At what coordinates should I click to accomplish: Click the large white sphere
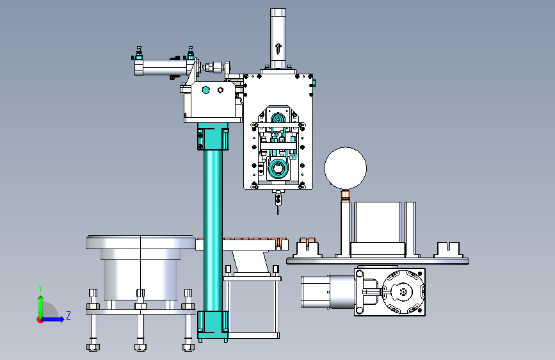(x=345, y=168)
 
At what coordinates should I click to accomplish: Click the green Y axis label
(x=40, y=288)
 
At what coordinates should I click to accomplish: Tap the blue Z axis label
(x=68, y=315)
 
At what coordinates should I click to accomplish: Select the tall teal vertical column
(x=213, y=231)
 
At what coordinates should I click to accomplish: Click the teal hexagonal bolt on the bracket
(x=205, y=90)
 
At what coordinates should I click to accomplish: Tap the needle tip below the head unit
(x=278, y=213)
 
